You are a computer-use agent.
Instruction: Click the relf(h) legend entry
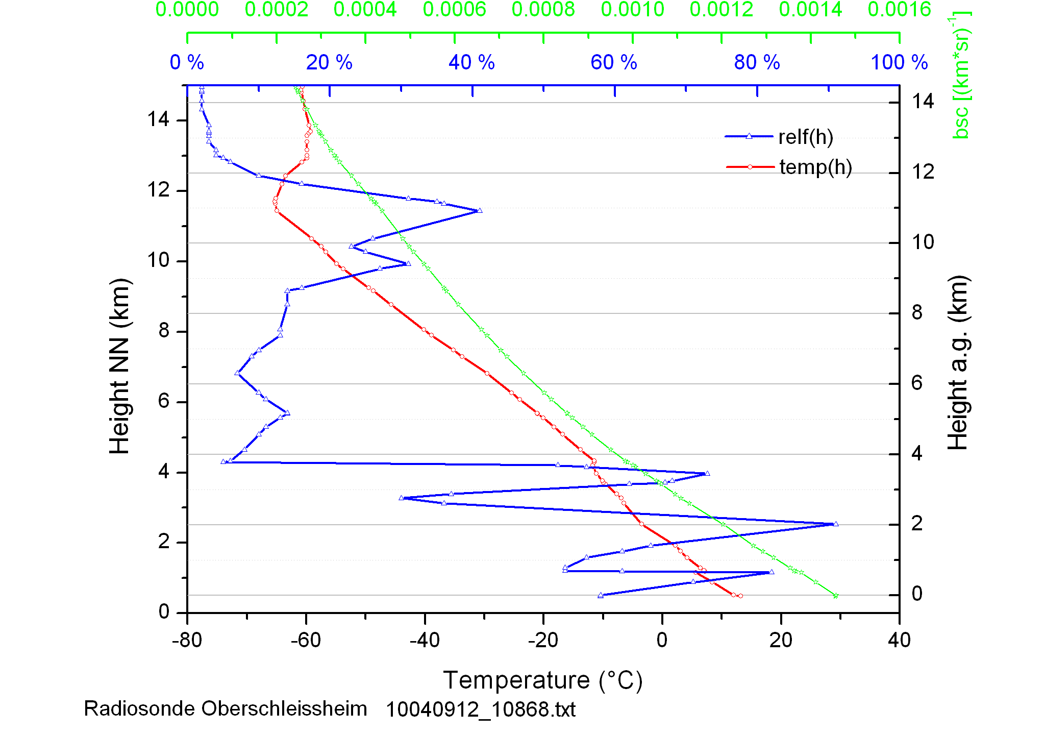pyautogui.click(x=805, y=137)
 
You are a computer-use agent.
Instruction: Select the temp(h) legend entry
pyautogui.click(x=815, y=167)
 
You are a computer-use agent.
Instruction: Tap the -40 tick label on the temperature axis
pyautogui.click(x=425, y=640)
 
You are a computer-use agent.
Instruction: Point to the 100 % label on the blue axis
pyautogui.click(x=899, y=63)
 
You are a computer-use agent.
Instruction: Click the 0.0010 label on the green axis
pyautogui.click(x=632, y=10)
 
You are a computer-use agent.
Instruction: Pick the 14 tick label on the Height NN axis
pyautogui.click(x=158, y=119)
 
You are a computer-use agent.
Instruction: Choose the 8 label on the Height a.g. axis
pyautogui.click(x=917, y=312)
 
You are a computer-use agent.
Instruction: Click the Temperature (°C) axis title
pyautogui.click(x=542, y=680)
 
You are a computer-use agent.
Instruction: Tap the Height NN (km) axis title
pyautogui.click(x=120, y=366)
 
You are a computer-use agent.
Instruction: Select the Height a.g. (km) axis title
pyautogui.click(x=958, y=362)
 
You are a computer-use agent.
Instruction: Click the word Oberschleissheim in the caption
pyautogui.click(x=284, y=709)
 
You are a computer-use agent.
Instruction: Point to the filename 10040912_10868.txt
pyautogui.click(x=480, y=709)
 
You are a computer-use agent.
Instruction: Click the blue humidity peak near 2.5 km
pyautogui.click(x=835, y=524)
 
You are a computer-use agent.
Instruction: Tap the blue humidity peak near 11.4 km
pyautogui.click(x=479, y=210)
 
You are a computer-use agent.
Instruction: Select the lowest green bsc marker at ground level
pyautogui.click(x=836, y=596)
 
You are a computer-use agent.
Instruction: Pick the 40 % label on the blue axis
pyautogui.click(x=471, y=63)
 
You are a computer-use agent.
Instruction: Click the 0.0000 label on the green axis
pyautogui.click(x=187, y=10)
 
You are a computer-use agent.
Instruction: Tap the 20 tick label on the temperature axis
pyautogui.click(x=781, y=640)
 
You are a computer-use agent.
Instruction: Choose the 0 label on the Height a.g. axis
pyautogui.click(x=917, y=594)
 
